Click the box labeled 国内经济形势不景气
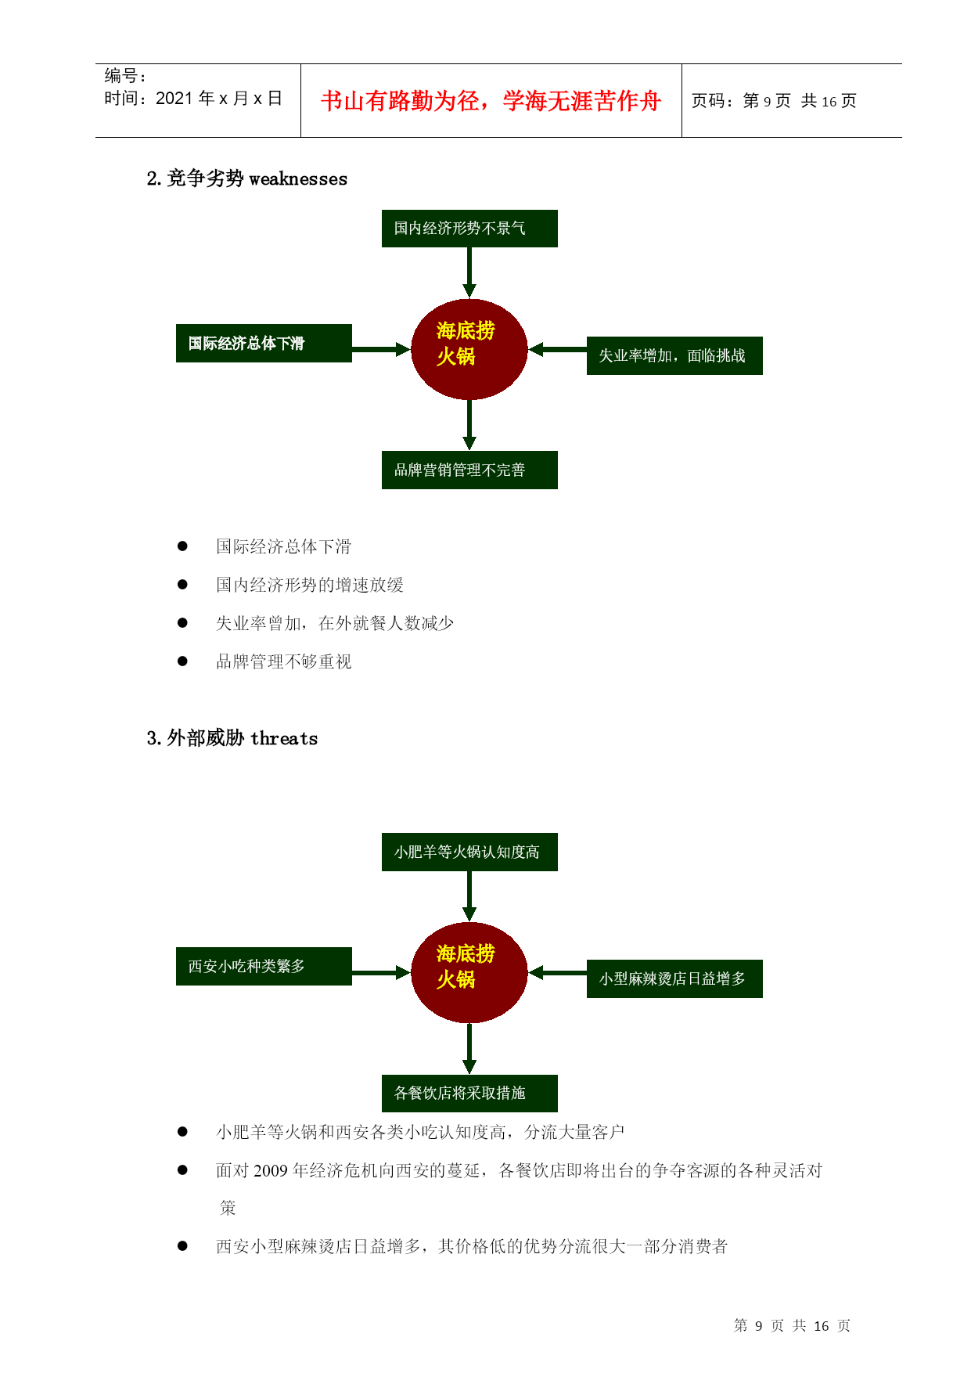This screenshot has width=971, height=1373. (469, 229)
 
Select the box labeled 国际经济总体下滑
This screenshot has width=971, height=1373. (264, 344)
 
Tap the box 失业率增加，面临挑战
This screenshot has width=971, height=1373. (674, 356)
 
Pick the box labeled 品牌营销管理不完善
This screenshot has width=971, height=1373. (469, 470)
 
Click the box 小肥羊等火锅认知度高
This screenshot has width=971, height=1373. (469, 852)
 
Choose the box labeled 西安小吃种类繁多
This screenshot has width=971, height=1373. (264, 967)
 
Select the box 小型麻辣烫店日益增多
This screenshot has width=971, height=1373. (674, 979)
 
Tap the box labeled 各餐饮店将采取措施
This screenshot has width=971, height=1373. (469, 1094)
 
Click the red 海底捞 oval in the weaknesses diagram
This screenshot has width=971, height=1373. (469, 349)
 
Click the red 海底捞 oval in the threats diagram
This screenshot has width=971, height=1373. (469, 973)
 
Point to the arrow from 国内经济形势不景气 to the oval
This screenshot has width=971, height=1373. (469, 272)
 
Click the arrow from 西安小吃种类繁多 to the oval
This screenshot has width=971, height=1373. (382, 973)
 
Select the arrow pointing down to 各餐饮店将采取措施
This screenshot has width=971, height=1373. (469, 1049)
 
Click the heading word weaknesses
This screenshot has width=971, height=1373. (298, 179)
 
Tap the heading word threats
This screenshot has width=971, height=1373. (284, 738)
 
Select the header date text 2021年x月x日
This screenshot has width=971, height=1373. (218, 99)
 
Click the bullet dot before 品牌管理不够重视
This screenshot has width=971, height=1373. (182, 661)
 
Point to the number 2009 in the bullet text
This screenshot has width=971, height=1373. (271, 1171)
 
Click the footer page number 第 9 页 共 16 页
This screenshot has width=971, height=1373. (792, 1326)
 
